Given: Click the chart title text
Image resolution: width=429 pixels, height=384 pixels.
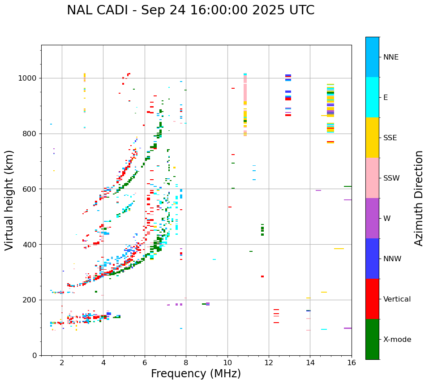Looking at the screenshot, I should pos(190,10).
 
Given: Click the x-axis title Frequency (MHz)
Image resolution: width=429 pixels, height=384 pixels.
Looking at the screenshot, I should pos(196,374).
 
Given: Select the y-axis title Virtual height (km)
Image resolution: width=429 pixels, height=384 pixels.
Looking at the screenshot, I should pos(9,200).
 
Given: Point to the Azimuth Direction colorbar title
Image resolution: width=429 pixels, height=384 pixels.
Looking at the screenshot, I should pos(419,198).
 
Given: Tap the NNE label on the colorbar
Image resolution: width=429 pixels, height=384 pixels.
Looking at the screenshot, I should pos(390,57).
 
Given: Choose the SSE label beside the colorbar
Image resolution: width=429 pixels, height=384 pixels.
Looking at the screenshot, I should pos(390,138).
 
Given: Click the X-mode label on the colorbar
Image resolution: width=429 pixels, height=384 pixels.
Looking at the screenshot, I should pos(397,340).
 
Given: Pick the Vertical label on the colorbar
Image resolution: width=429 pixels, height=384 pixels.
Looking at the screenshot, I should pos(397,299).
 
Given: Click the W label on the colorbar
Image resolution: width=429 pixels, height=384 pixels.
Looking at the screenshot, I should pos(386,219).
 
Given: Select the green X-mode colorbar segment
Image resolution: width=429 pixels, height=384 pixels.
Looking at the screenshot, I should pos(372,339).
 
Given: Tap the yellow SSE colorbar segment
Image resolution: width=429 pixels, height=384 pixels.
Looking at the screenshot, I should pos(372,138).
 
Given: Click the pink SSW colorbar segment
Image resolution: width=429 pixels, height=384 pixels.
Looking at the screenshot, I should pos(372,178).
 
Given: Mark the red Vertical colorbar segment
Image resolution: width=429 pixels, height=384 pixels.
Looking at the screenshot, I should pos(372,299).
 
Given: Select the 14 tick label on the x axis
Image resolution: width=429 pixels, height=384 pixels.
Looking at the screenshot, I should pos(310,362).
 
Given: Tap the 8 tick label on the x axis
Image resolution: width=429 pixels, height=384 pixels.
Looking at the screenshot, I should pos(186,362).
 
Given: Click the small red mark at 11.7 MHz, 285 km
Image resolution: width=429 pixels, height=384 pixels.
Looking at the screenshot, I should pos(262,276).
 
